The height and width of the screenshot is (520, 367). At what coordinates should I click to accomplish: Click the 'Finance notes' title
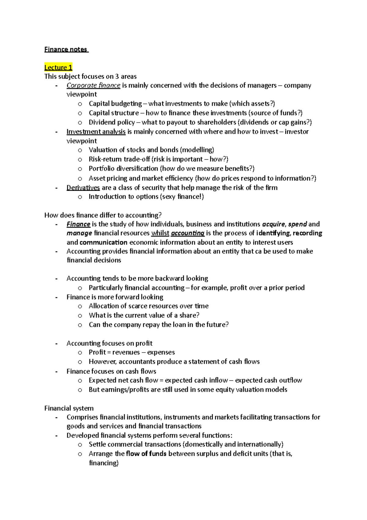coord(66,49)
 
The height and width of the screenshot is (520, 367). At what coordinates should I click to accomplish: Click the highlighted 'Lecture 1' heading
coord(58,67)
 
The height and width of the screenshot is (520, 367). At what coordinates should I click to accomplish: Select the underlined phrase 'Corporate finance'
coord(93,85)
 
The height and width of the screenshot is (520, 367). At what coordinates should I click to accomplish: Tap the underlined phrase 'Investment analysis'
coord(96,132)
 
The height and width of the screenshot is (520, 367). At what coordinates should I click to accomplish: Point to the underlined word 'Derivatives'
coord(83,187)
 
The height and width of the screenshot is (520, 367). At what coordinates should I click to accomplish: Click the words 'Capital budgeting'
coord(115,104)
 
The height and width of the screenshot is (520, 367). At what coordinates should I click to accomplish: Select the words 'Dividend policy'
coord(112,122)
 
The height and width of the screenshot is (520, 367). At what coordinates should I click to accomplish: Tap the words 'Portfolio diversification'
coord(123,168)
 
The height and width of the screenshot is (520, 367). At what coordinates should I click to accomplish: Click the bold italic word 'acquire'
coord(273,224)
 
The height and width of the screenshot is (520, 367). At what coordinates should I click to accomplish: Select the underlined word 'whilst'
coord(160,233)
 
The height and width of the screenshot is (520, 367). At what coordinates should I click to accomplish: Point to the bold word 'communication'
coord(103,242)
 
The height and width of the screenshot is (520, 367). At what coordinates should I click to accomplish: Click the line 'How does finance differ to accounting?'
coord(103,215)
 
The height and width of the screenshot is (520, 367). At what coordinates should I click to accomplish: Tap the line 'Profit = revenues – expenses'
coord(132,352)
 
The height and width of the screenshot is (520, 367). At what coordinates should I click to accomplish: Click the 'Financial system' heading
coord(69,408)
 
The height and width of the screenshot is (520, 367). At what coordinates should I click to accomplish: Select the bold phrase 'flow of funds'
coord(146,454)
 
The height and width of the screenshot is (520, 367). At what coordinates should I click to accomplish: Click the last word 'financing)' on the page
coord(103,463)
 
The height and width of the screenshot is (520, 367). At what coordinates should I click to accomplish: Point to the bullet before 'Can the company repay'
coord(80,325)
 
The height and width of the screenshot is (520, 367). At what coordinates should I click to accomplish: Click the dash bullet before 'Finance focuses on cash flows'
coord(56,371)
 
